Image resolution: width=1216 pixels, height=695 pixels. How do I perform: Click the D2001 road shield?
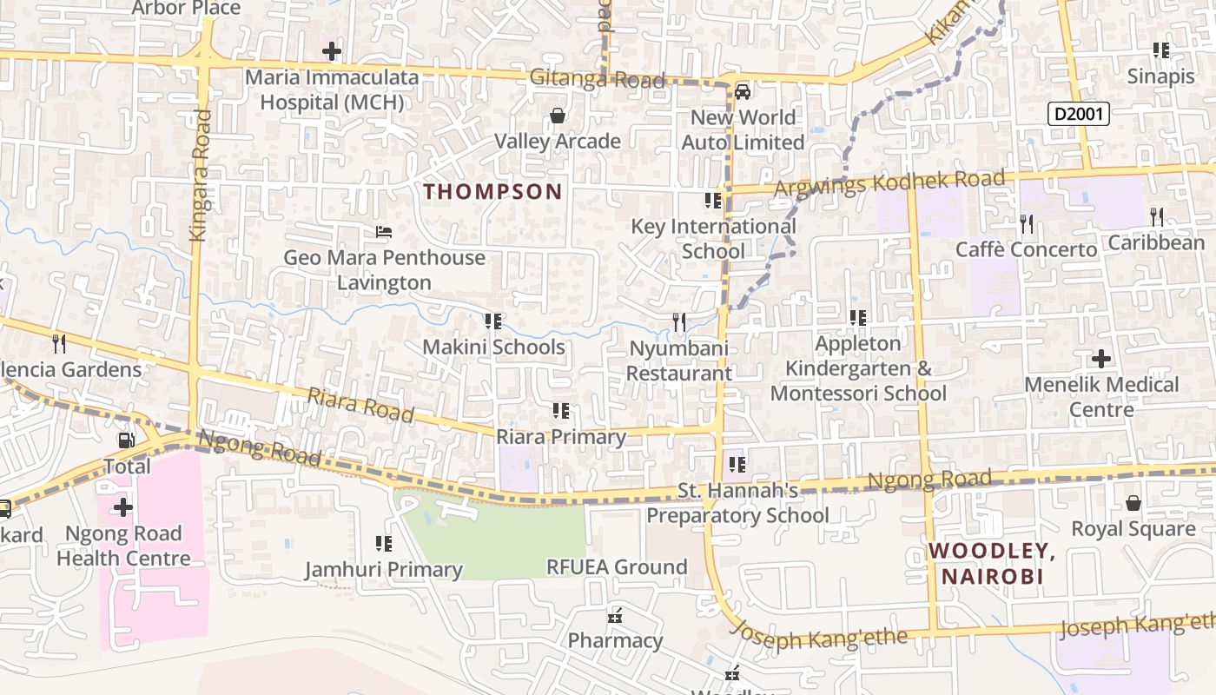point(1079,114)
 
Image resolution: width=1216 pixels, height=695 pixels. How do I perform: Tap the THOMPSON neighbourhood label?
point(493,192)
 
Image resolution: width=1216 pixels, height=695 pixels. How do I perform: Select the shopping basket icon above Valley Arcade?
point(558,116)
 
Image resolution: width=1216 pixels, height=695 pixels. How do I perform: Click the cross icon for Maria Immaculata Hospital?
point(331,51)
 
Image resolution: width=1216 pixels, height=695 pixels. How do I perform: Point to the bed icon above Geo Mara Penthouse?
point(383,232)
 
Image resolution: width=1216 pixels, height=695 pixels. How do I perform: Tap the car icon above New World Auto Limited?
point(743,91)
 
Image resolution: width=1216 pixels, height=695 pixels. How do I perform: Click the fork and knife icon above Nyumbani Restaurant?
point(679,322)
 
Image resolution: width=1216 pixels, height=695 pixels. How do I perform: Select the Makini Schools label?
point(493,347)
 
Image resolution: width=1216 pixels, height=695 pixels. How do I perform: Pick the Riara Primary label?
point(561,437)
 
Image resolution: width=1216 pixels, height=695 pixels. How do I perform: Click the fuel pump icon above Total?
point(126,440)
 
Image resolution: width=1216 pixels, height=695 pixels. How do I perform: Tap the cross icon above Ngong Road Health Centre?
point(123,506)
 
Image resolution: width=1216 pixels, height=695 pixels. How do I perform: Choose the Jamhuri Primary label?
point(383,570)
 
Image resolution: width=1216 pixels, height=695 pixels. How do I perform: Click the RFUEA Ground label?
point(617,567)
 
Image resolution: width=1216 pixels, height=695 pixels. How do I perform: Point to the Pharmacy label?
point(615,641)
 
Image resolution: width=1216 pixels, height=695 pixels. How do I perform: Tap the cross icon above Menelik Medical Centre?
point(1100,358)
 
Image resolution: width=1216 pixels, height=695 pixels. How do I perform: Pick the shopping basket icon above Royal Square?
point(1133,503)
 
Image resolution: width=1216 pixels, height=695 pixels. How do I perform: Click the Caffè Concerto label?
point(1026,250)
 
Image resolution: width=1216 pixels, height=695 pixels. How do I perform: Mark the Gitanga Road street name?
point(598,80)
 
